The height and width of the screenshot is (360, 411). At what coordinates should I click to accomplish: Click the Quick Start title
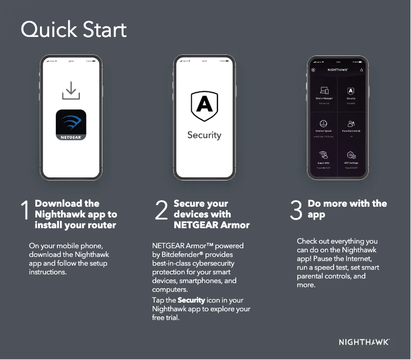(x=73, y=30)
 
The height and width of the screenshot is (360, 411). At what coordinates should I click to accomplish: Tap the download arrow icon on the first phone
(x=71, y=91)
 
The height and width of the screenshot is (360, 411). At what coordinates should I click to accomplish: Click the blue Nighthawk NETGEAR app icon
(x=71, y=125)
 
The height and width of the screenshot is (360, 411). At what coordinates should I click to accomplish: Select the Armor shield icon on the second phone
(x=204, y=106)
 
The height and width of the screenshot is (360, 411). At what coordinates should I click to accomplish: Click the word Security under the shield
(x=204, y=135)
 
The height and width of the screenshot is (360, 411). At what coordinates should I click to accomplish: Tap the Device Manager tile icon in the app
(x=324, y=91)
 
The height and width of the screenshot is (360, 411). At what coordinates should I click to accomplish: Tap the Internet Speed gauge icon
(x=324, y=124)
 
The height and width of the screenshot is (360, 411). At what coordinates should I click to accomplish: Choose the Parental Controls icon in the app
(x=351, y=124)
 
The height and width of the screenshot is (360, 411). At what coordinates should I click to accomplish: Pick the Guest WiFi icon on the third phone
(x=324, y=155)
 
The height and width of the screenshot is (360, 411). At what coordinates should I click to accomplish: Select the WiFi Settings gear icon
(x=351, y=155)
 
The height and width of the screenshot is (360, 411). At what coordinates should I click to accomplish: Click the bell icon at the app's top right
(x=361, y=69)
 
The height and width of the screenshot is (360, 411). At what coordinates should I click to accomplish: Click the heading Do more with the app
(x=347, y=209)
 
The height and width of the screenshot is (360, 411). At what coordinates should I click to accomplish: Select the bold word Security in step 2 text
(x=191, y=300)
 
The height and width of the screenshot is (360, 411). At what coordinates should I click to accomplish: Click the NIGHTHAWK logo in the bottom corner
(x=364, y=342)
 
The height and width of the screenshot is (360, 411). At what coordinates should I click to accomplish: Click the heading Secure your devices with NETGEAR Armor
(x=211, y=214)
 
